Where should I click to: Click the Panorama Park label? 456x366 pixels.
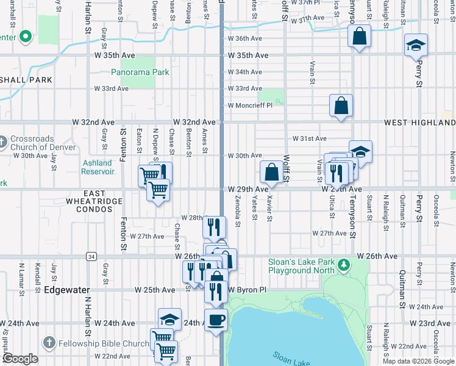tap(140, 72)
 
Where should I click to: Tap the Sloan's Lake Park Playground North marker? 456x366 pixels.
tap(344, 265)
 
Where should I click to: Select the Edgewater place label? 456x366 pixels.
tap(67, 290)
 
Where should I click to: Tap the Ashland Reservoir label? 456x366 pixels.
tap(98, 167)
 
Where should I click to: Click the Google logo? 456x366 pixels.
tap(20, 359)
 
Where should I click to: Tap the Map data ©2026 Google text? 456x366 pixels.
tap(418, 361)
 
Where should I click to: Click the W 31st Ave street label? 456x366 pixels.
tap(310, 138)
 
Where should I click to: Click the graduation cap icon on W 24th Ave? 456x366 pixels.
tap(170, 318)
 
